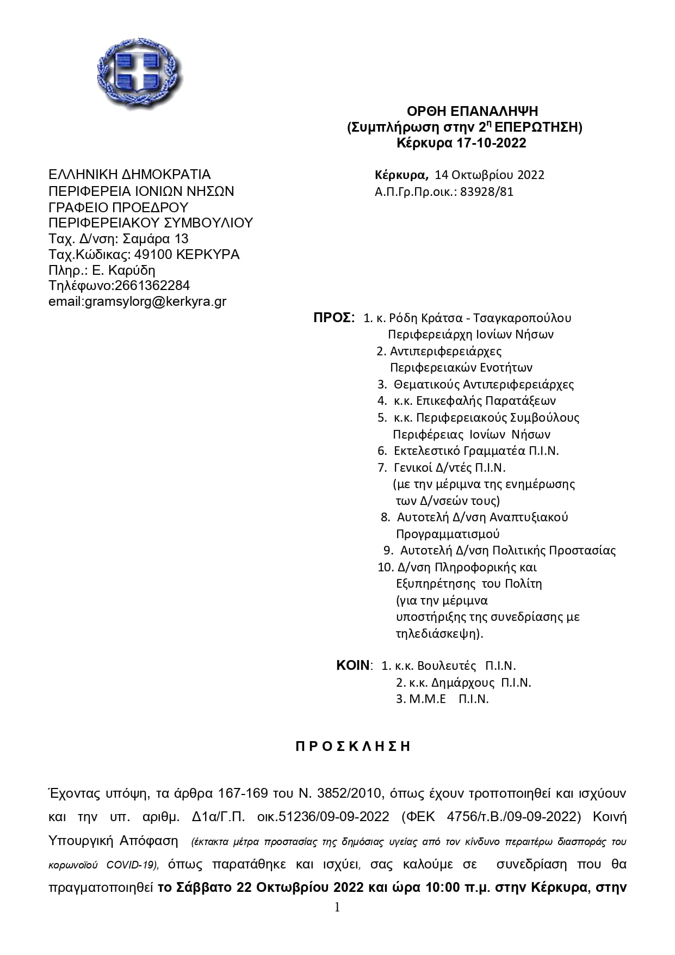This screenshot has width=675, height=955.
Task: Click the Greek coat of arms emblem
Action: click(x=140, y=72)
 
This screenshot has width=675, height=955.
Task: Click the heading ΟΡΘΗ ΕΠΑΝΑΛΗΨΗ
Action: click(x=472, y=112)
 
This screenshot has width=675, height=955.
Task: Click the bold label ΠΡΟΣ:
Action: click(x=334, y=318)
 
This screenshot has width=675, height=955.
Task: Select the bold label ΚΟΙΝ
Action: click(x=353, y=666)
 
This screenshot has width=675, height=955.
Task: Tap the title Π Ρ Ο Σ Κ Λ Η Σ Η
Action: click(x=352, y=746)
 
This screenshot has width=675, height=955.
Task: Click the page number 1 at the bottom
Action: click(x=337, y=907)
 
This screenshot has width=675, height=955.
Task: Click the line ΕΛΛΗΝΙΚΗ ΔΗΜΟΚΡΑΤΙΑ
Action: click(x=129, y=175)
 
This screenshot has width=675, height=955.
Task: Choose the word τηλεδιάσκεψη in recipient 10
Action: click(x=439, y=633)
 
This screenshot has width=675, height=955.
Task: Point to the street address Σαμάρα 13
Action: click(x=156, y=238)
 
